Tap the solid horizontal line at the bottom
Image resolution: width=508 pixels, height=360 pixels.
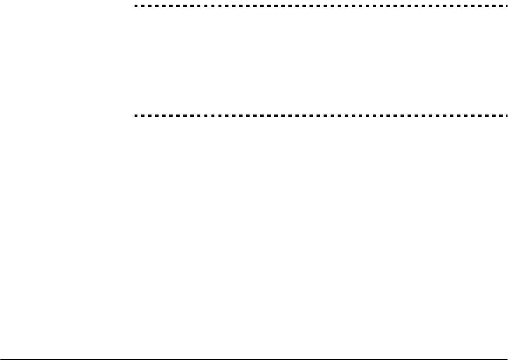(x=254, y=358)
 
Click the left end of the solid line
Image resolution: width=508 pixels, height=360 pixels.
(x=1, y=358)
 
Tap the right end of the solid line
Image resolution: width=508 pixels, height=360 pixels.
(x=507, y=358)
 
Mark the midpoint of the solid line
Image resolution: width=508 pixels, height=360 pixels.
(x=254, y=358)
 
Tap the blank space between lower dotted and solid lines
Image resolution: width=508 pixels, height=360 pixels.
(x=320, y=235)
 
